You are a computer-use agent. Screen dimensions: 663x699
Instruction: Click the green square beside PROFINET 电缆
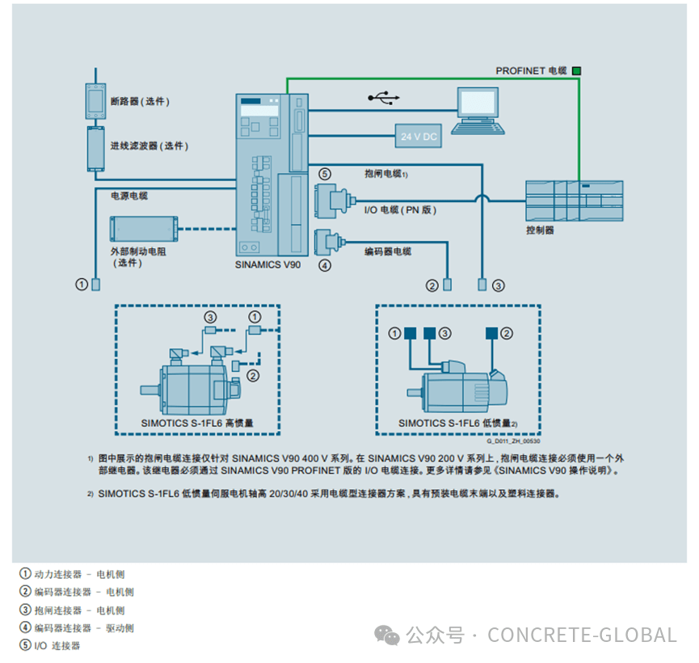pos(576,71)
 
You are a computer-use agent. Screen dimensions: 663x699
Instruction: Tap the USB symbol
pos(384,98)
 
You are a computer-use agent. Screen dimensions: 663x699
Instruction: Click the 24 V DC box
pos(419,137)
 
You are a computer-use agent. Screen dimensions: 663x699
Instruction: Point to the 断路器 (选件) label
pos(140,101)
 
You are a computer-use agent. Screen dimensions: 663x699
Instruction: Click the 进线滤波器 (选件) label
pos(149,146)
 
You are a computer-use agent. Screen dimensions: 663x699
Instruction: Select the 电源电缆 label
pos(129,196)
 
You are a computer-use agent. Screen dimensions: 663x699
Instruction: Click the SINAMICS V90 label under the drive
pos(267,264)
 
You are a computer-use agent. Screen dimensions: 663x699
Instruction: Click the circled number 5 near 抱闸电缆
pos(324,174)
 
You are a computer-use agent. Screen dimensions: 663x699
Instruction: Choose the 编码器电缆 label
pos(388,251)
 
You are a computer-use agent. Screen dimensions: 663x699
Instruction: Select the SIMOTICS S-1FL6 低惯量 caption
pos(457,423)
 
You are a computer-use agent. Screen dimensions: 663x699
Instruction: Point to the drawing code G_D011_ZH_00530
pos(513,441)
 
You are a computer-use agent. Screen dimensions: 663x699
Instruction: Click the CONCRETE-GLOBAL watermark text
pos(582,635)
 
